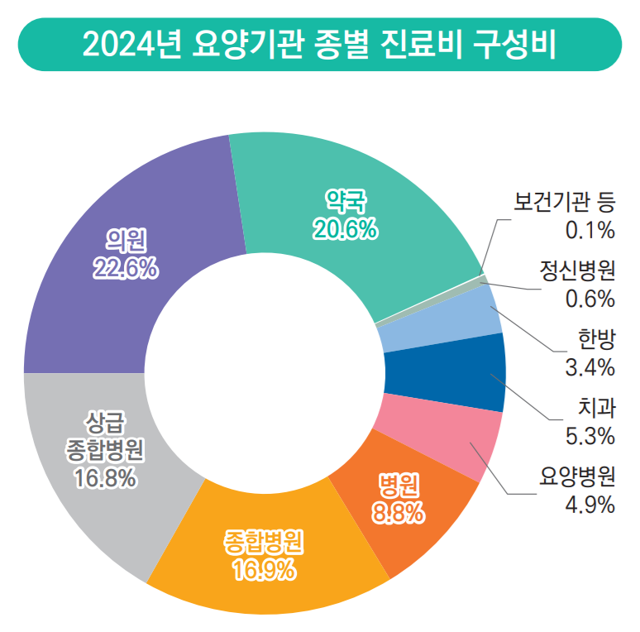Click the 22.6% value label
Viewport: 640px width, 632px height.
(126, 266)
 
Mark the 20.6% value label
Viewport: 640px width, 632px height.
(346, 230)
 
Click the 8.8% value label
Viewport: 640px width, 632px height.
(399, 514)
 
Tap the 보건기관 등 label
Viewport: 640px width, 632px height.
(565, 201)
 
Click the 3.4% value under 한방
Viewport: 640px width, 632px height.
(590, 366)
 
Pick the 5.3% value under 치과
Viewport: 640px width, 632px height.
(590, 434)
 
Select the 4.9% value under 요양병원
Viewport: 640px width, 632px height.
(590, 503)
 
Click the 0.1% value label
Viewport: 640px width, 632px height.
(590, 228)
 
